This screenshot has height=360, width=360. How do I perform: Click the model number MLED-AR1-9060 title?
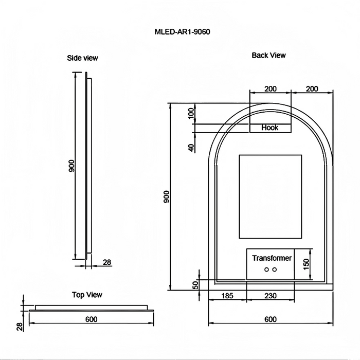[182, 31]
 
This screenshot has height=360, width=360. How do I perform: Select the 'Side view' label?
[82, 58]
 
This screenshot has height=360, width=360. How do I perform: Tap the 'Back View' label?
[268, 55]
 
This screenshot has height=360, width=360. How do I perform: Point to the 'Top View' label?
[87, 295]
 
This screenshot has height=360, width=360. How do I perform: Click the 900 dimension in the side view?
[72, 166]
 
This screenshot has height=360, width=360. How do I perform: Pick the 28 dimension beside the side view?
[106, 262]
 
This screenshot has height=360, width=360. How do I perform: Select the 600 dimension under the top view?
[91, 319]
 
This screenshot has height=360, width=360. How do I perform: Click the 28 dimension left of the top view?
[19, 326]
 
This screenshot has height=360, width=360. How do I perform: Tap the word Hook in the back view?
[269, 128]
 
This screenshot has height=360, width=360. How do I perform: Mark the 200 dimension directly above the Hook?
[270, 88]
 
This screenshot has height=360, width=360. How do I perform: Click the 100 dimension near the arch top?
[191, 113]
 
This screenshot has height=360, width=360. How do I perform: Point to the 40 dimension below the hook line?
[191, 148]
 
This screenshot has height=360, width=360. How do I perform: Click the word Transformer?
[272, 258]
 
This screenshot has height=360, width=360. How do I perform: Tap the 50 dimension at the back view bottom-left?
[195, 285]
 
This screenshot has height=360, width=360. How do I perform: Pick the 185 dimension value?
[227, 296]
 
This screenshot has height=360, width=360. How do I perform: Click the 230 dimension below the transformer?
[270, 296]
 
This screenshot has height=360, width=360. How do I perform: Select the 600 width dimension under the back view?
[270, 319]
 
